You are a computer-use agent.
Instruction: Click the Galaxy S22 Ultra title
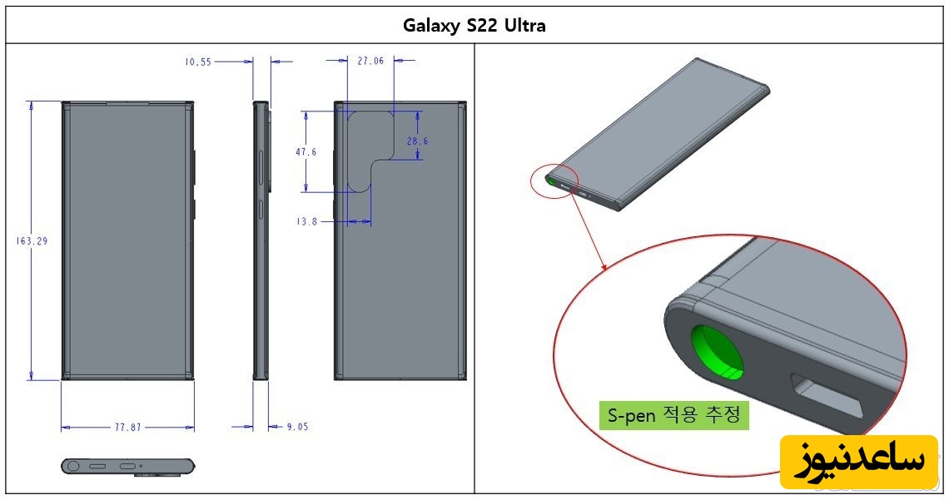(474, 26)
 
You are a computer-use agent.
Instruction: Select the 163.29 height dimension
(32, 240)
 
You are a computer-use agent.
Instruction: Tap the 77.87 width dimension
(127, 427)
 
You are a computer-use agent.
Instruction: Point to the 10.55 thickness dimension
(198, 62)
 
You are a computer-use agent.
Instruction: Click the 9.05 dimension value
(297, 427)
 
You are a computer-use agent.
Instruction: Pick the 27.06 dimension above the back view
(370, 61)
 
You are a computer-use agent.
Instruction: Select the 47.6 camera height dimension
(306, 151)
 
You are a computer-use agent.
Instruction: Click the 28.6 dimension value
(417, 141)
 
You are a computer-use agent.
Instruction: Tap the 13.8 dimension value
(306, 222)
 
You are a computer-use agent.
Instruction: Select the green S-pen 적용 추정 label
(673, 415)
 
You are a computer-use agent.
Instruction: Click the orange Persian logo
(859, 461)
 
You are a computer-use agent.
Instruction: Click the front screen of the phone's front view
(127, 240)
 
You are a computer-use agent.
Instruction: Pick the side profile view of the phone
(261, 240)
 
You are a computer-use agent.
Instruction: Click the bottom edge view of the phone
(127, 466)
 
